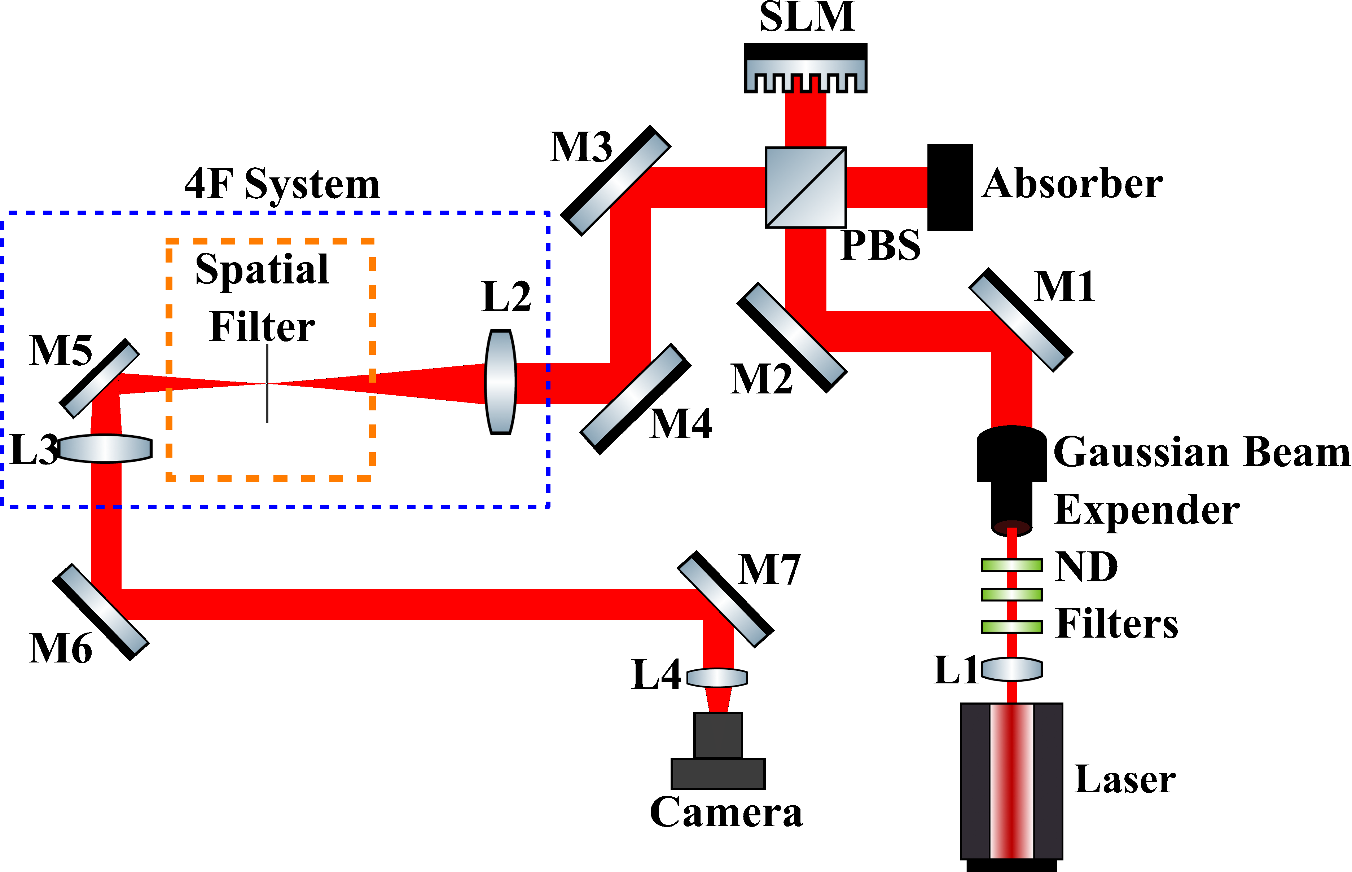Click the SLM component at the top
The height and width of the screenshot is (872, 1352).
805,68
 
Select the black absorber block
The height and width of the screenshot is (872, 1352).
949,188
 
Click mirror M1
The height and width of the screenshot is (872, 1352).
1020,320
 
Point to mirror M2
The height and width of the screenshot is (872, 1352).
791,338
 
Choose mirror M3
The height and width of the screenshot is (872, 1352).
616,180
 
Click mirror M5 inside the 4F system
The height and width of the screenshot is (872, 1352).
99,378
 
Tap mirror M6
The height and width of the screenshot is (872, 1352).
101,612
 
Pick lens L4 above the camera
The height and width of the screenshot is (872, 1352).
717,678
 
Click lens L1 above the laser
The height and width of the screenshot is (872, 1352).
1011,669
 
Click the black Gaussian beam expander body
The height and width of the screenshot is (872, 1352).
1011,476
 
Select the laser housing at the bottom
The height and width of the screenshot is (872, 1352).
1011,781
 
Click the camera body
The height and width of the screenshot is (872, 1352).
717,753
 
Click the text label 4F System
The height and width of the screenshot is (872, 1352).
282,185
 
